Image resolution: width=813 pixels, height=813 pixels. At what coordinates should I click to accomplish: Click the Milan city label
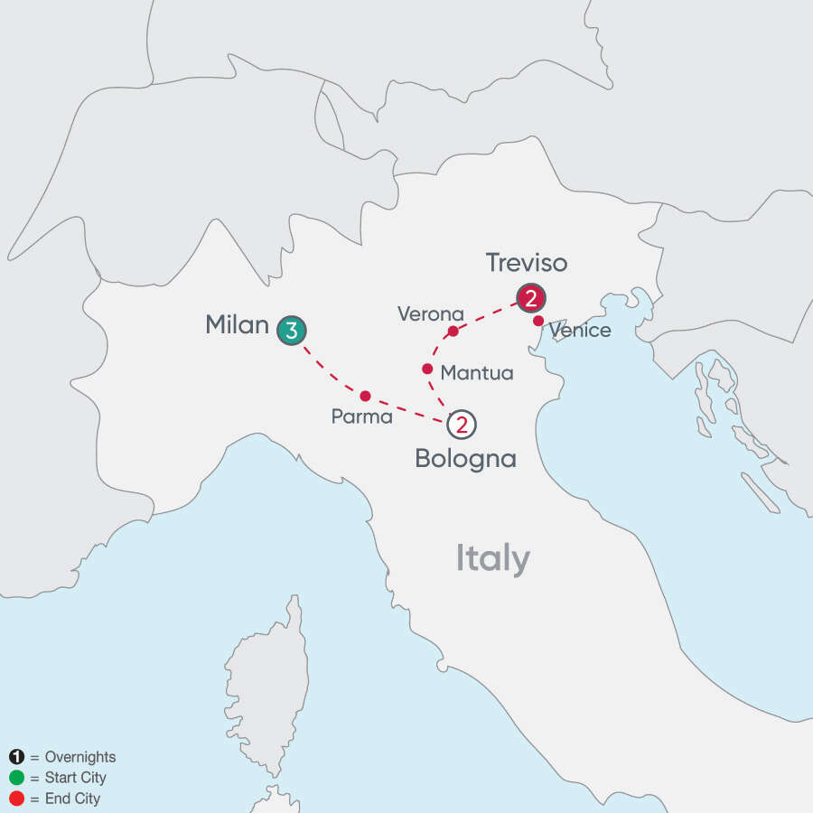pyautogui.click(x=237, y=325)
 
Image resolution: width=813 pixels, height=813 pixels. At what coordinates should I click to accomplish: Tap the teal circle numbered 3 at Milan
pyautogui.click(x=290, y=331)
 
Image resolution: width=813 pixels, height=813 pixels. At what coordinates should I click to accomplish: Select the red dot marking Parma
pyautogui.click(x=365, y=396)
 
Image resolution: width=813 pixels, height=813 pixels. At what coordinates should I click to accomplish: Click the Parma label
pyautogui.click(x=361, y=417)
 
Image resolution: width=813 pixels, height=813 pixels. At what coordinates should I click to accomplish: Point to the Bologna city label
pyautogui.click(x=465, y=458)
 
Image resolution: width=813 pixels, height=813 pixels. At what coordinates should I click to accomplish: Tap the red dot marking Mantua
pyautogui.click(x=427, y=369)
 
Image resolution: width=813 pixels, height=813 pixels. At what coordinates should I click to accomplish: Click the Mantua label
pyautogui.click(x=476, y=372)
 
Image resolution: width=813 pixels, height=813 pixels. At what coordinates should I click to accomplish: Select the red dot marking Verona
pyautogui.click(x=453, y=331)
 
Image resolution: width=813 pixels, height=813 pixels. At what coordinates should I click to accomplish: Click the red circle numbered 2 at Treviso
pyautogui.click(x=530, y=297)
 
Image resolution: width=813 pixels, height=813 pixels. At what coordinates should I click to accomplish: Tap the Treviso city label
pyautogui.click(x=527, y=262)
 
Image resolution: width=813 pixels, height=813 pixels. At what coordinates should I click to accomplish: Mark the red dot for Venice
pyautogui.click(x=538, y=321)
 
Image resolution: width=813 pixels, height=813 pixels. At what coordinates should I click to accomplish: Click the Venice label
pyautogui.click(x=580, y=331)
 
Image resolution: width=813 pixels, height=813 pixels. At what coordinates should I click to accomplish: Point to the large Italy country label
pyautogui.click(x=492, y=559)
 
